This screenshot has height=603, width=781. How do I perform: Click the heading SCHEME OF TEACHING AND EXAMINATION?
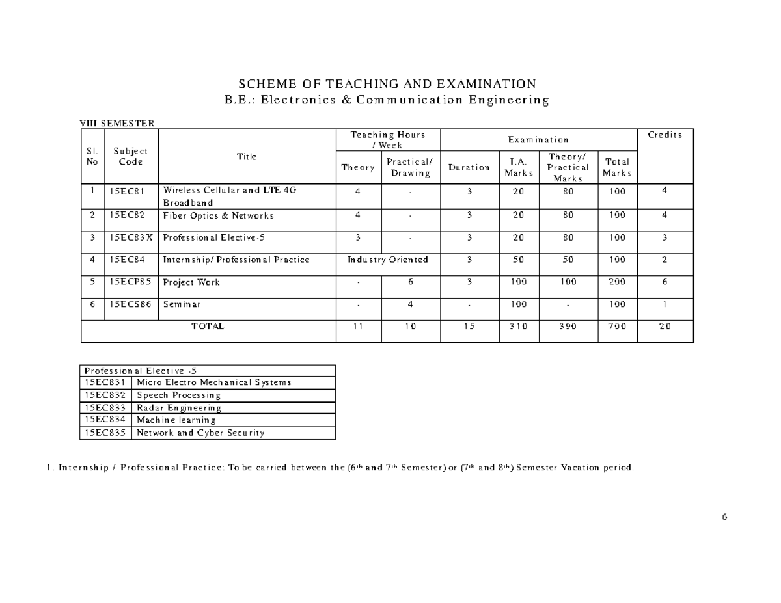point(387,84)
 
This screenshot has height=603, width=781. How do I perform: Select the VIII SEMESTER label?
point(116,122)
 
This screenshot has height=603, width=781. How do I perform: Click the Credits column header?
point(665,135)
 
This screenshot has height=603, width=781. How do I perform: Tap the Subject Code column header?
point(130,156)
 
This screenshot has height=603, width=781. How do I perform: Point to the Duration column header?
point(469,167)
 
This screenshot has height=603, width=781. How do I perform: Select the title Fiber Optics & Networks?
point(218,215)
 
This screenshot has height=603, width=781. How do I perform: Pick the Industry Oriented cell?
point(388,260)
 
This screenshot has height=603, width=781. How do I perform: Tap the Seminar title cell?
point(182,304)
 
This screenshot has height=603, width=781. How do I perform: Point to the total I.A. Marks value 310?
point(519,327)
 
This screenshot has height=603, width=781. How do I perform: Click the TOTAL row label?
point(208,327)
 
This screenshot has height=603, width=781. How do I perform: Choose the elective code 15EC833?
point(105,408)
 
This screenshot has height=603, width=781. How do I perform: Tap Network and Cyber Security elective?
point(200,433)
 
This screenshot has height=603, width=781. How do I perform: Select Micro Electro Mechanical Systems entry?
point(213,382)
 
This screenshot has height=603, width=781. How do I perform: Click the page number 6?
point(724,517)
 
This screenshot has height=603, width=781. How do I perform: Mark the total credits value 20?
point(665,327)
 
